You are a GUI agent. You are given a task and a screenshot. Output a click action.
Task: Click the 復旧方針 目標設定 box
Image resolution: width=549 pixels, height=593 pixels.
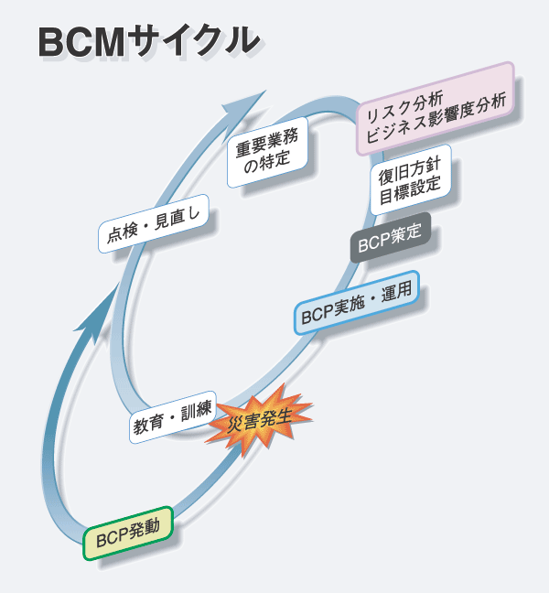coord(410,178)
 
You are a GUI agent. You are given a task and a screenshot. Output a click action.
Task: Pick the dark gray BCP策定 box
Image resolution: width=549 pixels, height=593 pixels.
coord(390,243)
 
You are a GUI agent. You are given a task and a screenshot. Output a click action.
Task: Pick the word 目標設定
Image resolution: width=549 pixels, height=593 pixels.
coord(410,189)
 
